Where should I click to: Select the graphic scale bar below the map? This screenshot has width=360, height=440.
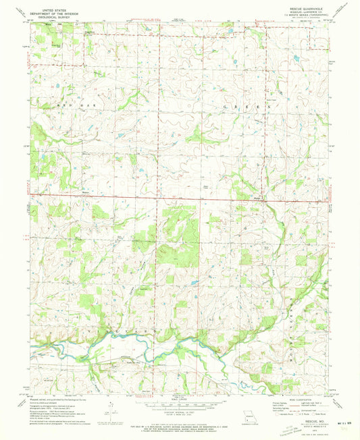click(x=179, y=407)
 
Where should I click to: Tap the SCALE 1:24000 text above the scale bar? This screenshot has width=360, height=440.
click(x=179, y=399)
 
